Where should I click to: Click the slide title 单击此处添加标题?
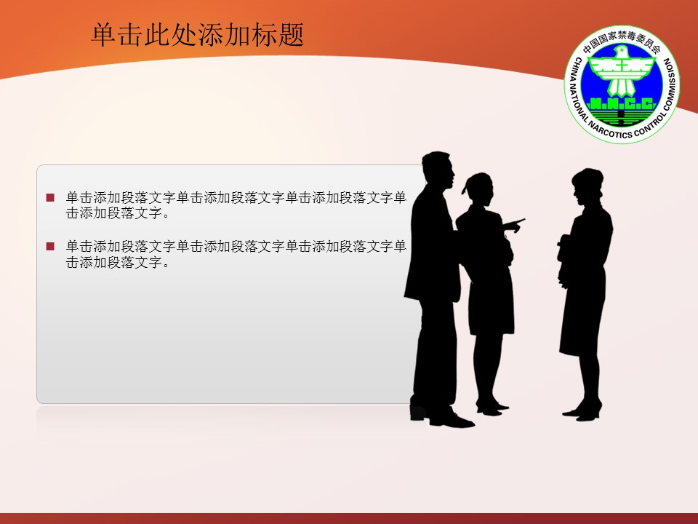click(x=197, y=35)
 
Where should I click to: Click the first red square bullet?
click(x=50, y=197)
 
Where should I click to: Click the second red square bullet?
click(x=50, y=247)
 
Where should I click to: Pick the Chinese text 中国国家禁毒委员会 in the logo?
click(x=622, y=47)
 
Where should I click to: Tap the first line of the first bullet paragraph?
click(x=236, y=197)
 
